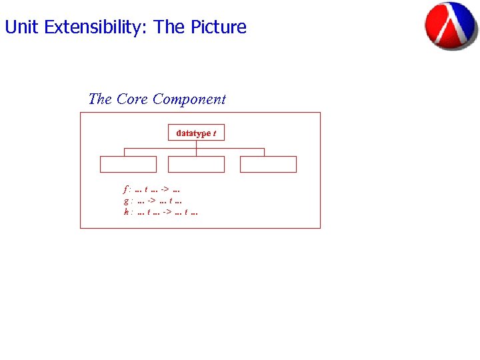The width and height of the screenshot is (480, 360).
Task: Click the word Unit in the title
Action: pos(21,27)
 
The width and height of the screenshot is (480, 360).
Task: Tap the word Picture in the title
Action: pos(219,27)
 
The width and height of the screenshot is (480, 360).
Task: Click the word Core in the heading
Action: pos(132,99)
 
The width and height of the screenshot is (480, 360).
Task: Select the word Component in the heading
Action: pos(189,99)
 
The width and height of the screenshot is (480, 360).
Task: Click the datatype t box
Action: pos(196,133)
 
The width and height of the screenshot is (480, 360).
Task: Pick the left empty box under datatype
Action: pos(128,165)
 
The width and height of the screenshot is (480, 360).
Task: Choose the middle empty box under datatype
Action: pos(196,165)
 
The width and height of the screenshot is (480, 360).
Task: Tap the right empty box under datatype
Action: pos(268,165)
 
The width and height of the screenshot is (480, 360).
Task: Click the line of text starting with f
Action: pos(153,190)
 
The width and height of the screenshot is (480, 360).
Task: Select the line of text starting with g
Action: pos(153,201)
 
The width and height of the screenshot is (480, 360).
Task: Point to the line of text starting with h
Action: pos(161,212)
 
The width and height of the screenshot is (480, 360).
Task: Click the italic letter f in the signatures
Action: pos(126,190)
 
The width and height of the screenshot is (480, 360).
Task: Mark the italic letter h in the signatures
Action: pos(126,212)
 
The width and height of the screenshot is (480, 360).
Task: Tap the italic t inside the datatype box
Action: pos(214,133)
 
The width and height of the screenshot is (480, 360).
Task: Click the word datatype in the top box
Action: pos(193,133)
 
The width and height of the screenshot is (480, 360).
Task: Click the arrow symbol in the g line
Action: pos(152,201)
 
